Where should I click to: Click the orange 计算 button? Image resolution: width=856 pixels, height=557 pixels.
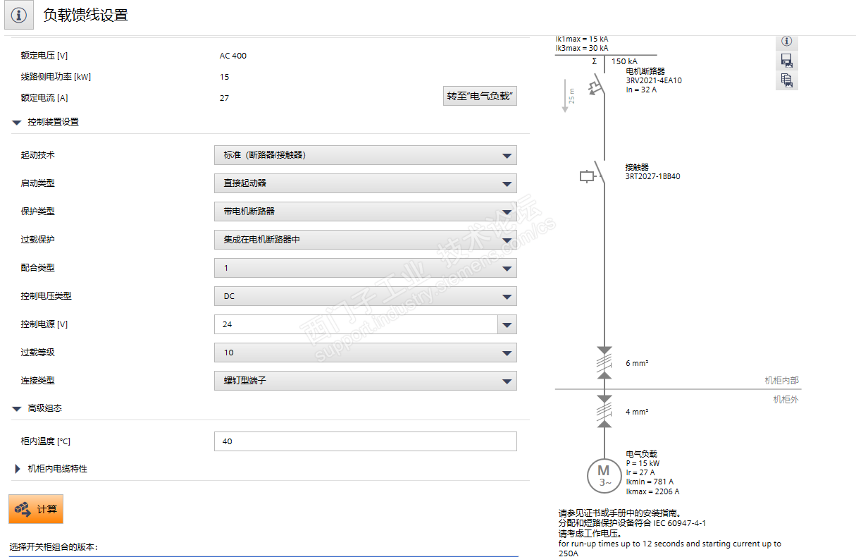(x=36, y=508)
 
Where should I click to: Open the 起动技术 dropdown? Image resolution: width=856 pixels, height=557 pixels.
(x=365, y=155)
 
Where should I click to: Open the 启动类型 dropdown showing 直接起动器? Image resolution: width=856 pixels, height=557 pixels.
(x=365, y=183)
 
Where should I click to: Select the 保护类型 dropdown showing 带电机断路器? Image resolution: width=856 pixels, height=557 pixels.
(x=365, y=212)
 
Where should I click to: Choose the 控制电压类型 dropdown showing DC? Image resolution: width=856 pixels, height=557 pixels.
(x=365, y=296)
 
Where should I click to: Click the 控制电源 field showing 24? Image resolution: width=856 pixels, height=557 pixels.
(x=356, y=324)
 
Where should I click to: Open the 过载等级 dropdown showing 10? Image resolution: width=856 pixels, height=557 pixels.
(x=365, y=353)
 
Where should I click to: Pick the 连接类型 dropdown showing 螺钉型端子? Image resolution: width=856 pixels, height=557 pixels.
(x=365, y=381)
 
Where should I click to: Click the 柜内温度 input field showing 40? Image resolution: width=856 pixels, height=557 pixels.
(x=365, y=441)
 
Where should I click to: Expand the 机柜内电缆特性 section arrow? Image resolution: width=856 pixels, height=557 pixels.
(x=18, y=468)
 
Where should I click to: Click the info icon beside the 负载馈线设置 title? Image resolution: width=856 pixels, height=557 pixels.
(x=19, y=16)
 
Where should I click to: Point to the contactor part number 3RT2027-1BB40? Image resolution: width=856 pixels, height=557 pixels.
(x=652, y=176)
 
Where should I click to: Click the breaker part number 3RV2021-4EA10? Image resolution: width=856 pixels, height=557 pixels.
(x=653, y=80)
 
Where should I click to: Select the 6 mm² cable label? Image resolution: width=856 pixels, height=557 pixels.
(x=637, y=364)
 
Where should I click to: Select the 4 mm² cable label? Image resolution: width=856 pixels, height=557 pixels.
(x=637, y=412)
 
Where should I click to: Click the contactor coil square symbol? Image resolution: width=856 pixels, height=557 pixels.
(x=586, y=176)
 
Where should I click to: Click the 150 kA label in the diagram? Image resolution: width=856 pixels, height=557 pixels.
(x=624, y=61)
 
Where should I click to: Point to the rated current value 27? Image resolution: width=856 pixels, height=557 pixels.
(x=224, y=98)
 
